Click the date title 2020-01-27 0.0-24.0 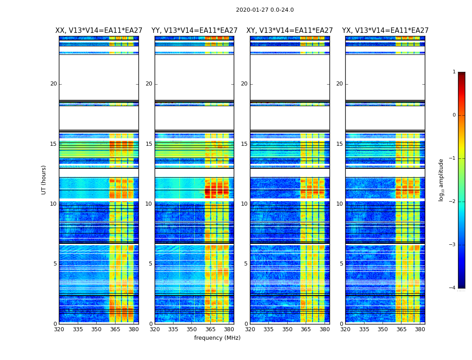265,10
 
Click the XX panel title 99,31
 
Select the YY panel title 194,31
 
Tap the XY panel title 289,31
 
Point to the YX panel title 385,31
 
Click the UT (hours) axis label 44,180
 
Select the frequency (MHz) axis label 217,338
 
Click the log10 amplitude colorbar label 441,180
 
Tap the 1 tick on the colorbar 454,72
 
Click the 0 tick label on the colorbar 454,115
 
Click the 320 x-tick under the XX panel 59,329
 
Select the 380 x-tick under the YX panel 420,329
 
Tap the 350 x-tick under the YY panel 192,329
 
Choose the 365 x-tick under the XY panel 306,329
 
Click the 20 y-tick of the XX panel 53,84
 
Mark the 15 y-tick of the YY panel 149,144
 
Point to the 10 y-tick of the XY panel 244,204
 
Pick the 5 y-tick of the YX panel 341,264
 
